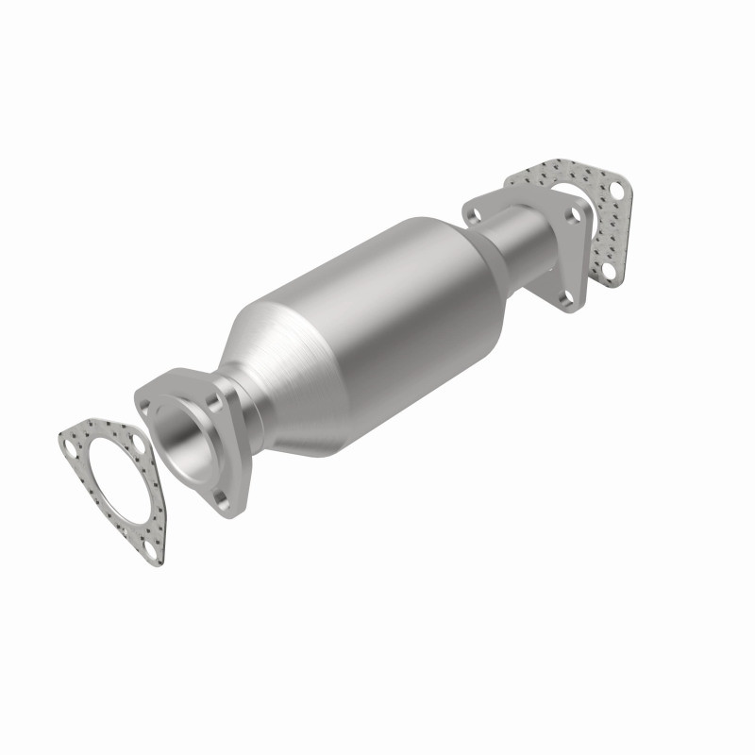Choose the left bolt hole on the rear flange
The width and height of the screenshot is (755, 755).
click(x=471, y=215)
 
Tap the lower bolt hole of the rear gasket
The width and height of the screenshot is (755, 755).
click(x=611, y=272)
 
